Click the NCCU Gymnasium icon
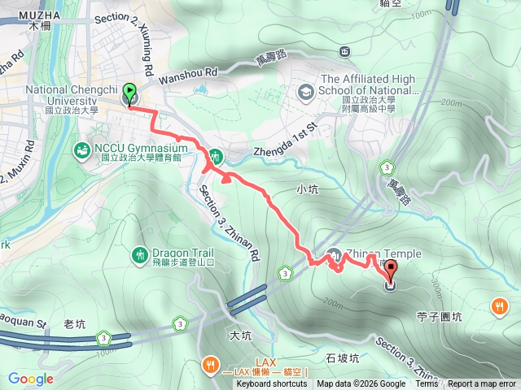pyautogui.click(x=82, y=150)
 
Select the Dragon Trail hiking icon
pyautogui.click(x=138, y=255)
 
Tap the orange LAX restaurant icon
pyautogui.click(x=210, y=363)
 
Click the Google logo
pyautogui.click(x=31, y=379)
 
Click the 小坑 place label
pyautogui.click(x=307, y=189)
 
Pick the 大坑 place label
pyautogui.click(x=240, y=335)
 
